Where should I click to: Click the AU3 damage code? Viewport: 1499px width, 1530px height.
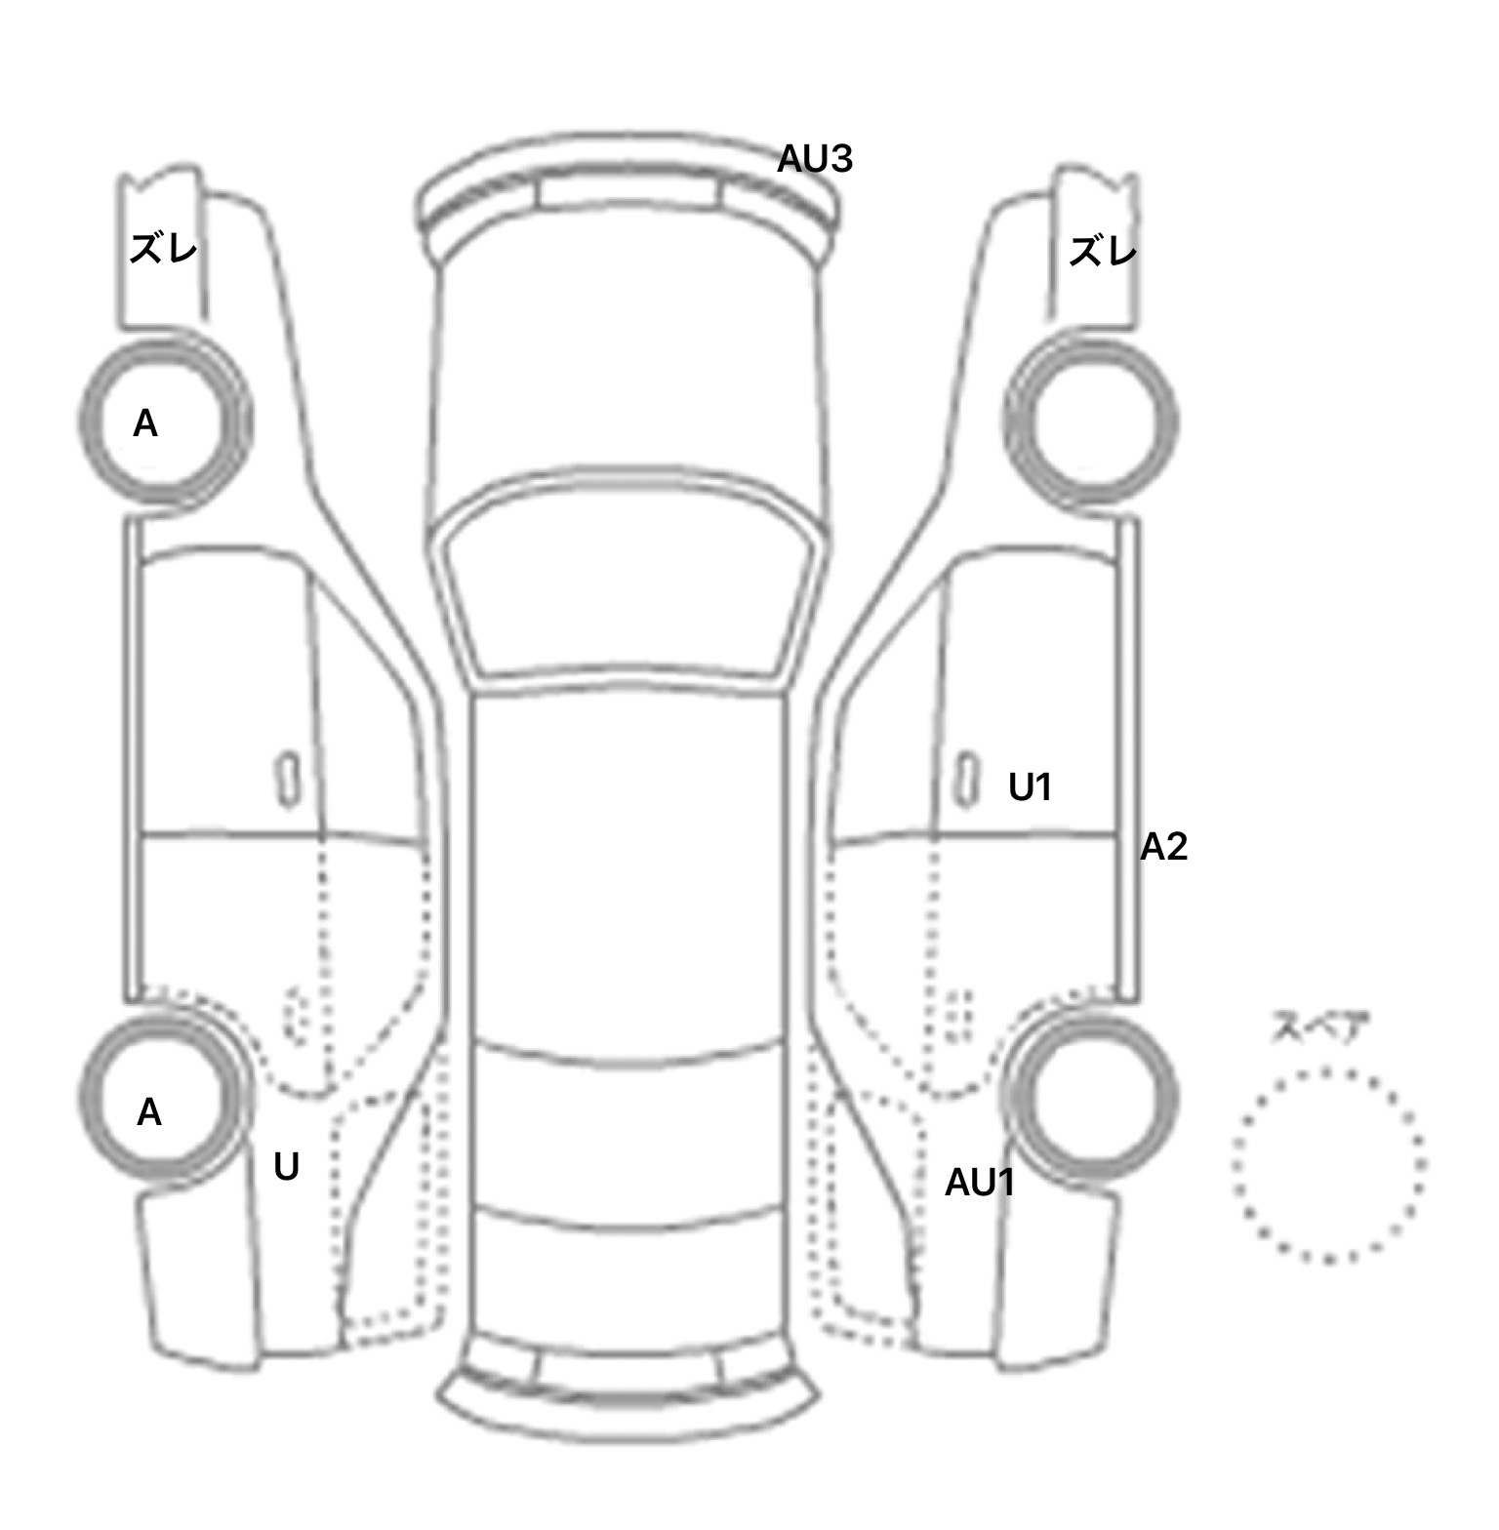815,158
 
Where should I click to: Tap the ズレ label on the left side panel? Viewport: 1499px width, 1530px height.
164,250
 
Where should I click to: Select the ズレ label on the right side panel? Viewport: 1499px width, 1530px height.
1103,253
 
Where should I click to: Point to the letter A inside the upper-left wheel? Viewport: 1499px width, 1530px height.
145,423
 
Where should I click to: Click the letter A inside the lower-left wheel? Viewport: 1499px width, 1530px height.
148,1112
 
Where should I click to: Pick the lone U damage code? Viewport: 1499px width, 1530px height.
286,1167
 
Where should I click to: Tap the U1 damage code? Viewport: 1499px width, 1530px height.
1031,786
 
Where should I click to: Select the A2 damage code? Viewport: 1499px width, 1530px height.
1164,847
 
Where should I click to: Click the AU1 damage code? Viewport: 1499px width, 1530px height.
980,1183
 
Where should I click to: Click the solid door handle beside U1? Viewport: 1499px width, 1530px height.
966,779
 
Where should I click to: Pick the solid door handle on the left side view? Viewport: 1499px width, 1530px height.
288,780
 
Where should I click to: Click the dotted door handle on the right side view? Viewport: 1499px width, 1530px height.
960,1016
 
